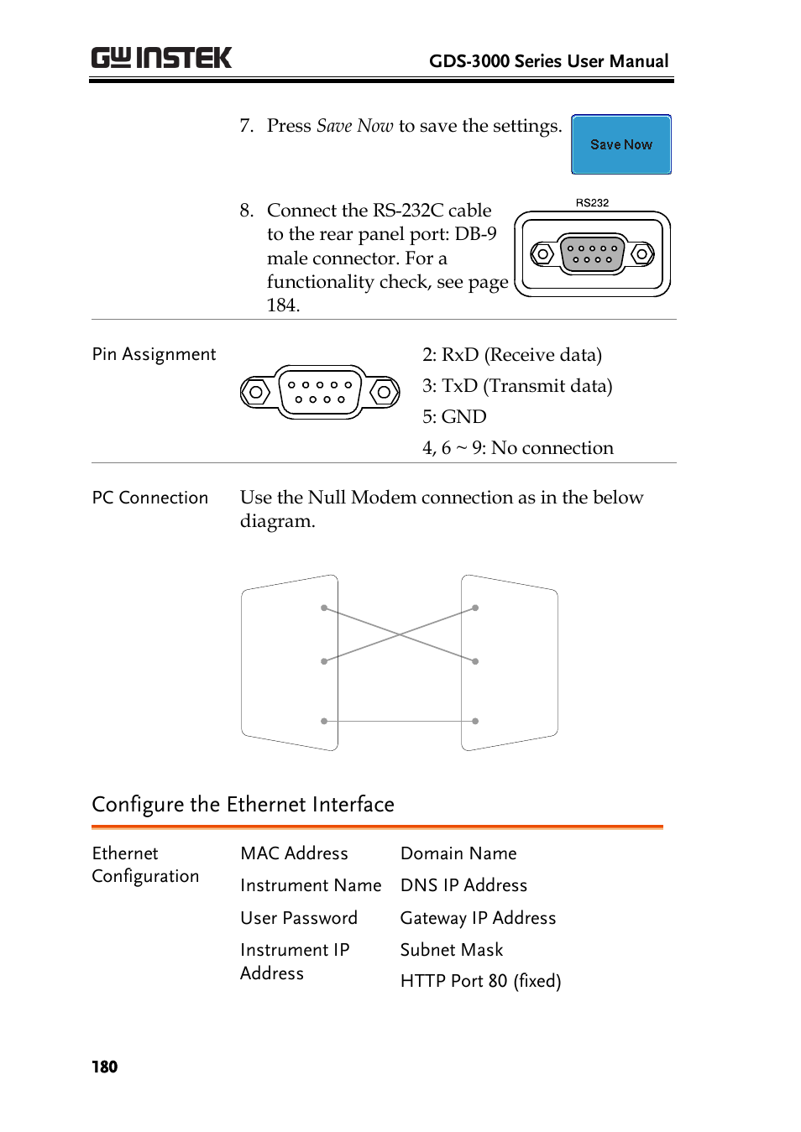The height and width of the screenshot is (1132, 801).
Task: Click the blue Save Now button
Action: tap(620, 144)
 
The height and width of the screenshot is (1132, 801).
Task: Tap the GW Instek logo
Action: tap(161, 58)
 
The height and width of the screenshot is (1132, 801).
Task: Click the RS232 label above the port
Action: tap(592, 203)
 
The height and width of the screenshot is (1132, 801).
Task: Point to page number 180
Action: tap(105, 1067)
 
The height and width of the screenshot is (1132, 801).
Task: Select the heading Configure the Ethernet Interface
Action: tap(243, 804)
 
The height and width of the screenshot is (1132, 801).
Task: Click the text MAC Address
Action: tap(294, 853)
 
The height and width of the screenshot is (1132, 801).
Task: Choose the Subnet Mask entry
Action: tap(452, 950)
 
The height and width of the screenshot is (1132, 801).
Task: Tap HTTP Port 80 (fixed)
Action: tap(480, 981)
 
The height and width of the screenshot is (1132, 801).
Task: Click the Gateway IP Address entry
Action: tap(478, 918)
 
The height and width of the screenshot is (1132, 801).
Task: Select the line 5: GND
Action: tap(454, 417)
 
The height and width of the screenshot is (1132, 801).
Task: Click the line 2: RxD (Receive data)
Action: tap(511, 355)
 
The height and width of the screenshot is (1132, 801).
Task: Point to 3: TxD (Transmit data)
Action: tap(517, 386)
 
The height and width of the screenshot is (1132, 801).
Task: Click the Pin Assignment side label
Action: tap(154, 354)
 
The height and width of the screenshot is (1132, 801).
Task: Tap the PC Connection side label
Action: tap(150, 498)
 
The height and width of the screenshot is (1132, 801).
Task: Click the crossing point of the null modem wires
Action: tap(400, 634)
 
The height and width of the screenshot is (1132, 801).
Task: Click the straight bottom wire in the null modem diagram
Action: tap(400, 721)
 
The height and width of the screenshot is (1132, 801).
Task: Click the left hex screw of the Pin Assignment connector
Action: tap(256, 392)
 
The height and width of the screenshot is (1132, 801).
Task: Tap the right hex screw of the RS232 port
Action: tap(642, 253)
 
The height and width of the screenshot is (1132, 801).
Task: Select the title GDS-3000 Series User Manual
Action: tap(548, 61)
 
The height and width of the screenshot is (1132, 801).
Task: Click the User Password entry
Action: tap(299, 918)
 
